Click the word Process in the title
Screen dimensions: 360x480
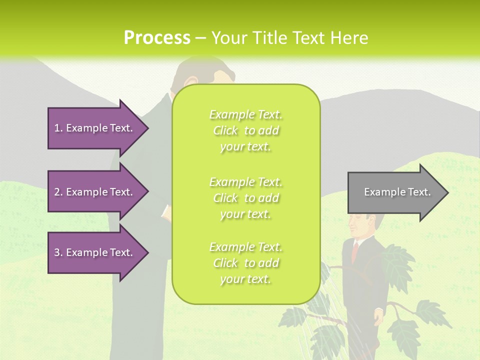pyautogui.click(x=157, y=38)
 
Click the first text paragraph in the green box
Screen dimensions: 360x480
pyautogui.click(x=245, y=130)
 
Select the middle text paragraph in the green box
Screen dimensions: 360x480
pyautogui.click(x=245, y=198)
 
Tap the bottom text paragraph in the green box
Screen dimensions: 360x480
pyautogui.click(x=245, y=263)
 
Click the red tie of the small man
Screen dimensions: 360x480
pyautogui.click(x=355, y=250)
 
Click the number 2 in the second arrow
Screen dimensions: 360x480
pyautogui.click(x=56, y=192)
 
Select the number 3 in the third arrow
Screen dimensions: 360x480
pyautogui.click(x=56, y=252)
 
